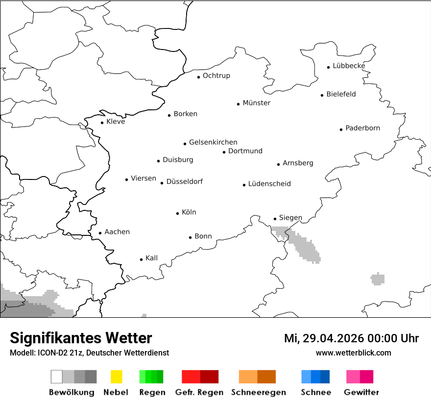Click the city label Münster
[x=256, y=103]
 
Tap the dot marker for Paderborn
[x=341, y=129]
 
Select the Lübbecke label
[x=349, y=66]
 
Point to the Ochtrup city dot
[x=199, y=77]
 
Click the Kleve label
[x=116, y=122]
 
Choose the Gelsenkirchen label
[x=213, y=142]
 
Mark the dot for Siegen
[x=275, y=219]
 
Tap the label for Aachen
[x=117, y=231]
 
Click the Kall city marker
[x=142, y=259]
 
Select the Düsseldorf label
[x=184, y=181]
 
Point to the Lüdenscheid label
[x=269, y=184]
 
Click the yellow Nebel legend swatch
[x=116, y=377]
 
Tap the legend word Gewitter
[x=361, y=392]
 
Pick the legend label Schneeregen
[x=259, y=392]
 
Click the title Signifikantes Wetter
[x=81, y=338]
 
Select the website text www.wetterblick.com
[x=354, y=353]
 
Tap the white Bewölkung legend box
[x=57, y=377]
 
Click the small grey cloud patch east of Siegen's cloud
[x=378, y=279]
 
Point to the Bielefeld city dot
[x=322, y=95]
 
